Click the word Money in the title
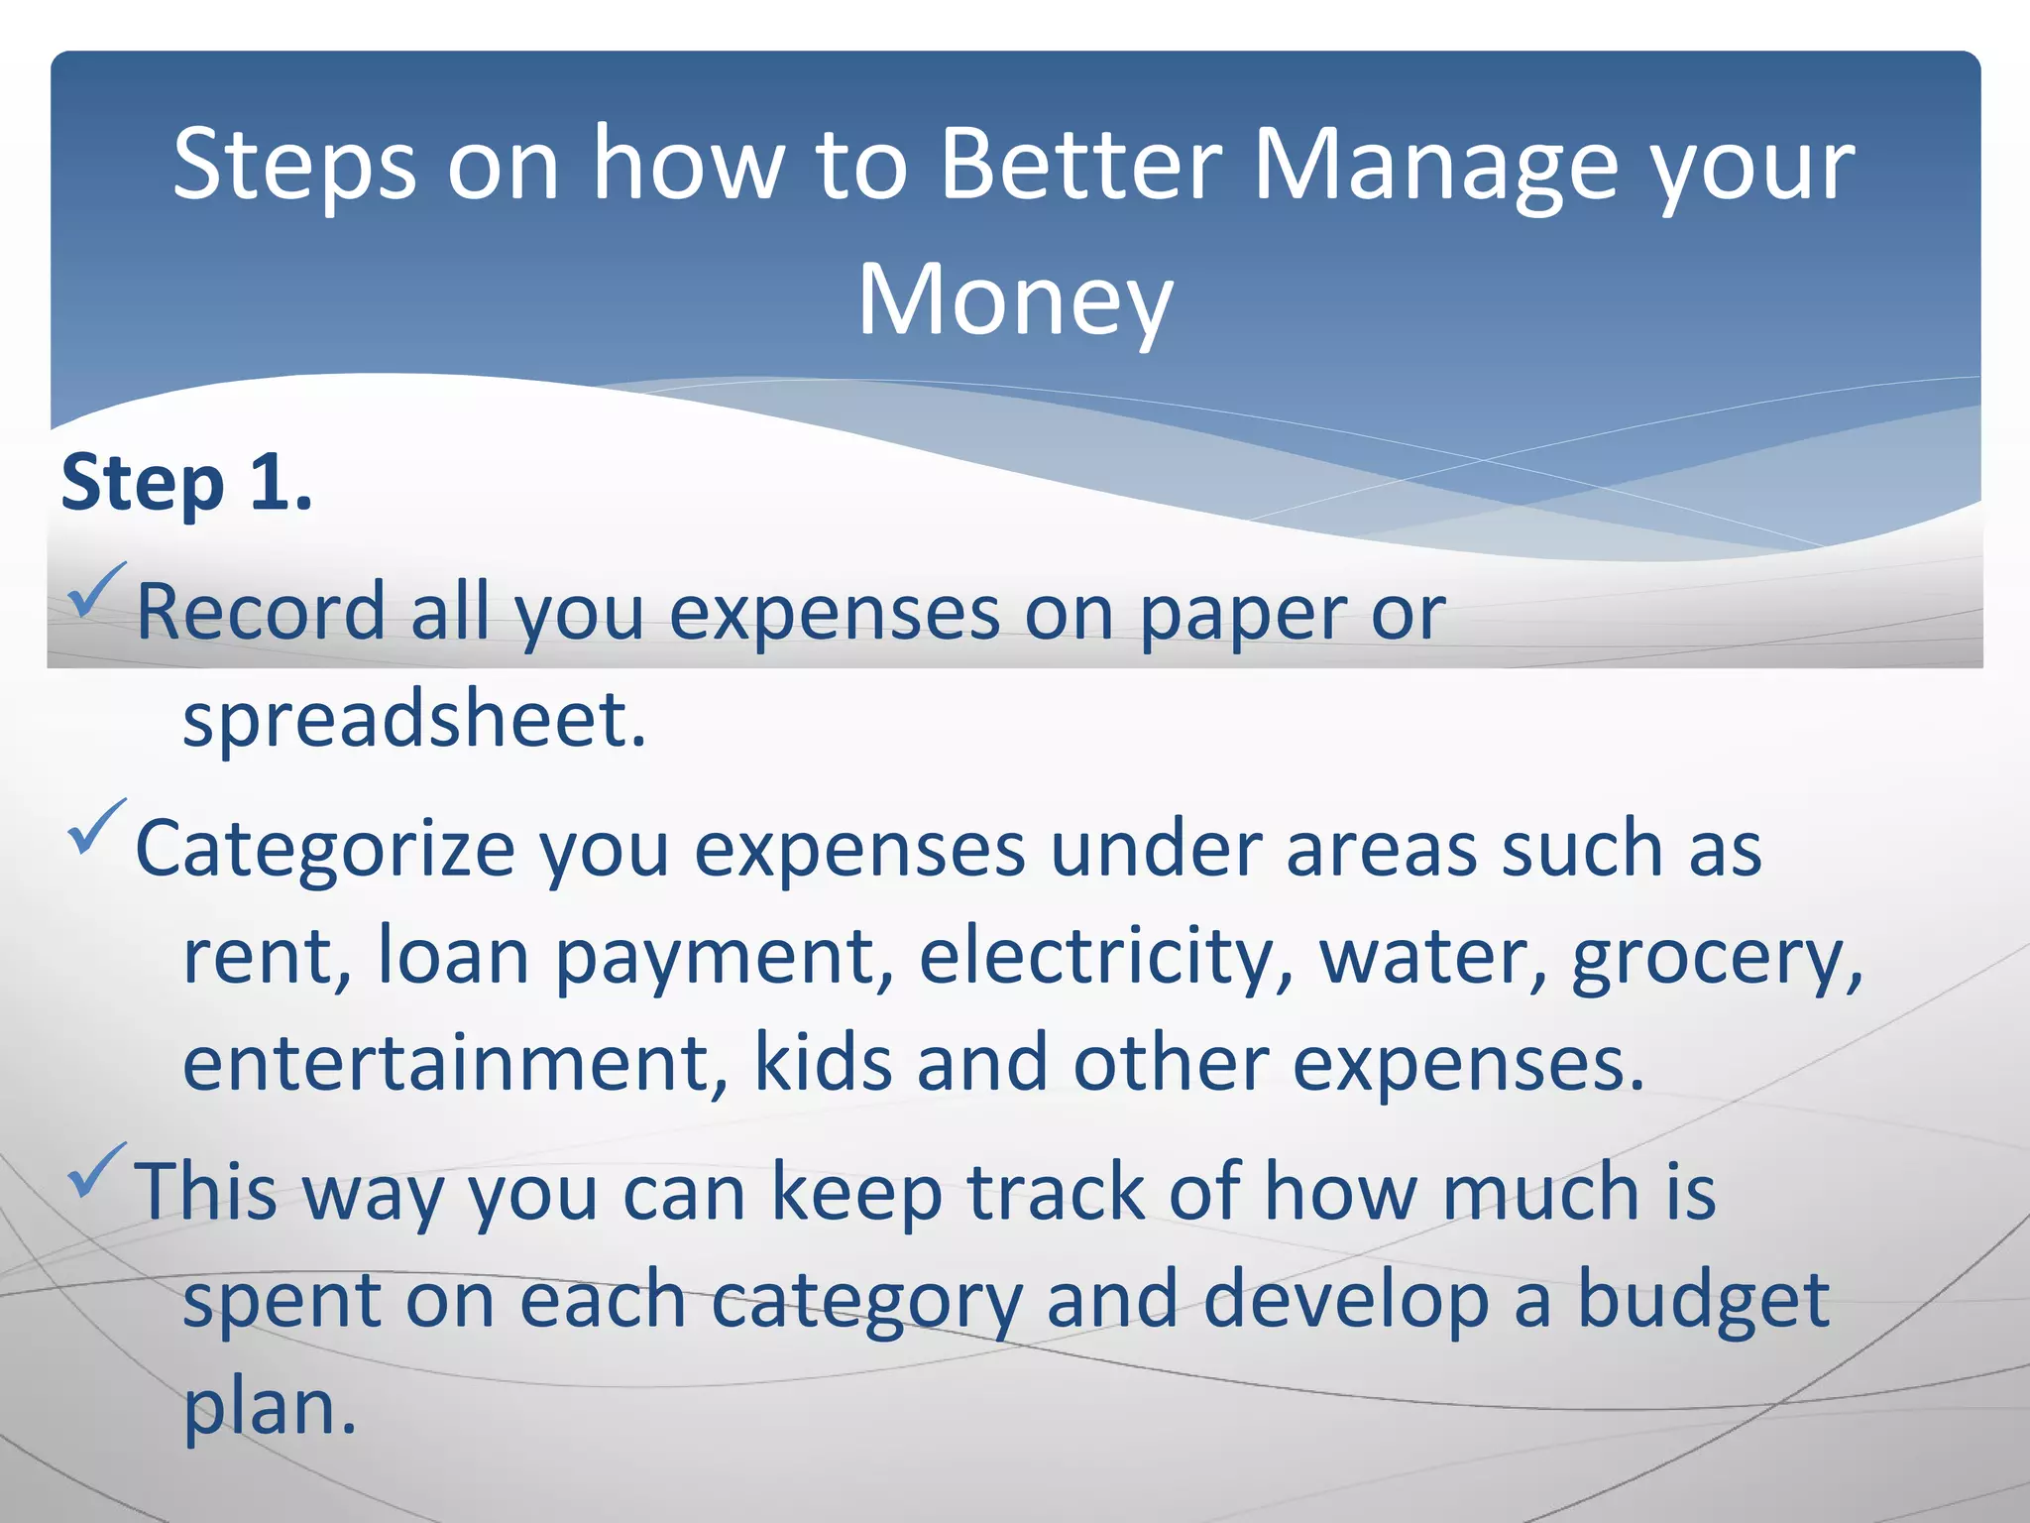point(1015,300)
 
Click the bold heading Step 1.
point(186,484)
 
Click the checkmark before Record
point(96,590)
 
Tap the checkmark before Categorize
point(96,827)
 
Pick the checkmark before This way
point(96,1170)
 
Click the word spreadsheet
point(414,720)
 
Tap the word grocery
point(1715,956)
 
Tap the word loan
point(454,956)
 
